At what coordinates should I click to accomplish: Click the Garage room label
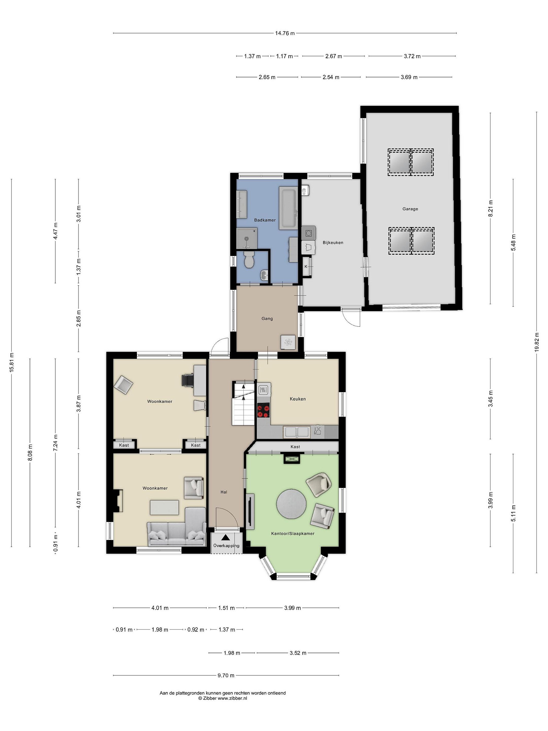pyautogui.click(x=410, y=209)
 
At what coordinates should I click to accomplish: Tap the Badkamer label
pyautogui.click(x=265, y=220)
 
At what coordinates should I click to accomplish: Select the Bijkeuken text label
pyautogui.click(x=333, y=243)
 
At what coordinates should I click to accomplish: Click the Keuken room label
pyautogui.click(x=298, y=399)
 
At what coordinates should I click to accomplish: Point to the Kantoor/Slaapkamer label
pyautogui.click(x=293, y=533)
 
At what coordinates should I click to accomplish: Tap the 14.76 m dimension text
pyautogui.click(x=285, y=33)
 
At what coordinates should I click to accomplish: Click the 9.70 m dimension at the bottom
pyautogui.click(x=226, y=675)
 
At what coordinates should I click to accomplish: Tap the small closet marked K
pyautogui.click(x=306, y=266)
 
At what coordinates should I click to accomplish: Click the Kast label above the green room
pyautogui.click(x=295, y=447)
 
